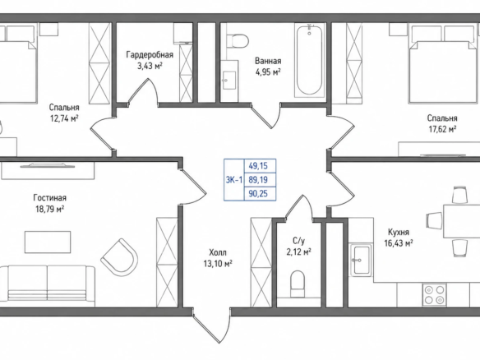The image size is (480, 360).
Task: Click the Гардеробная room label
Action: coord(150,55)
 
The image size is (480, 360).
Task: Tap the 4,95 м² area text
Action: coord(268,72)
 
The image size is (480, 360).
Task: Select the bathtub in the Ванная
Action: coord(310,61)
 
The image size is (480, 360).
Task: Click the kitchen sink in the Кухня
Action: coord(361,260)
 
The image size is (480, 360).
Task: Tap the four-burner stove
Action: coord(435,294)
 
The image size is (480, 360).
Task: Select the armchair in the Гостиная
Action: coord(119,256)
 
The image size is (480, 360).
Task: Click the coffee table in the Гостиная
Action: coord(48,242)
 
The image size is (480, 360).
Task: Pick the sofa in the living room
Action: coord(48,285)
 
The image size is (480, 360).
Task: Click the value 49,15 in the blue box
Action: coord(258,166)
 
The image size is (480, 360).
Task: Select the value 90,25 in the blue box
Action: coord(258,193)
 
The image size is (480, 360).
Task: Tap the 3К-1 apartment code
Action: coord(234,180)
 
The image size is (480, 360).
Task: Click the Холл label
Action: coord(218,252)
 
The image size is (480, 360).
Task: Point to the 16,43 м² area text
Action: coord(399,243)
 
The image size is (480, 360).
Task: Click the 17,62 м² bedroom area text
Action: coord(442,129)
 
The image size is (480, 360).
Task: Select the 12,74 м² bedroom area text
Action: coord(64,118)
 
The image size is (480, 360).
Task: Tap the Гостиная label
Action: coord(49,198)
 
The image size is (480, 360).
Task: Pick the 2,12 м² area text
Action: coord(299,252)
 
